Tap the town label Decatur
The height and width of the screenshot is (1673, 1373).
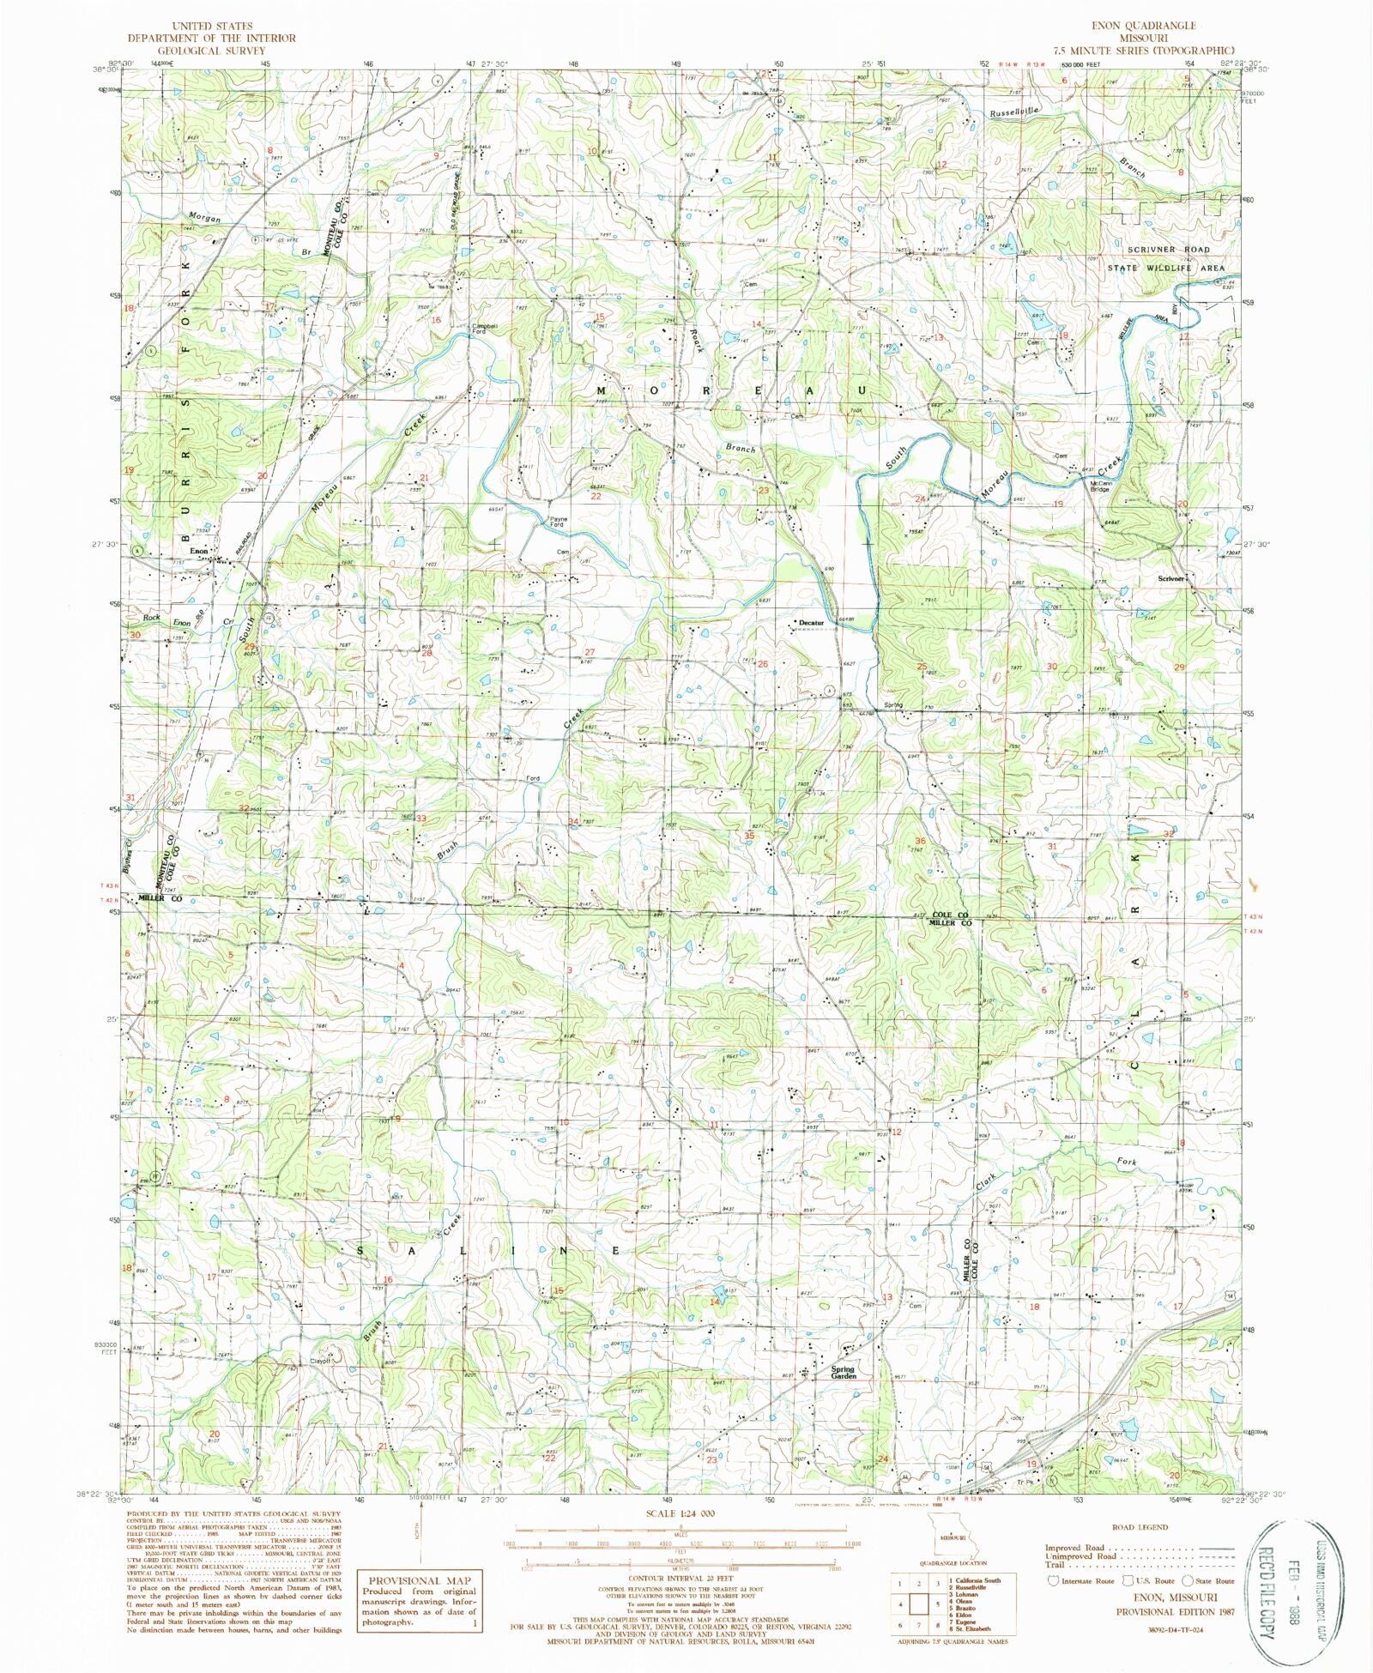[811, 623]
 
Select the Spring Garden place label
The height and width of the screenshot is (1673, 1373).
[844, 1372]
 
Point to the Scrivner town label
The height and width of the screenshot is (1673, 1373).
[1170, 578]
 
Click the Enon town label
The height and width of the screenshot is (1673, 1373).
[199, 550]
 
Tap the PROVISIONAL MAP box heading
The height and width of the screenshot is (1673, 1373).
[420, 1580]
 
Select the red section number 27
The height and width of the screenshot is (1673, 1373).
[590, 652]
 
